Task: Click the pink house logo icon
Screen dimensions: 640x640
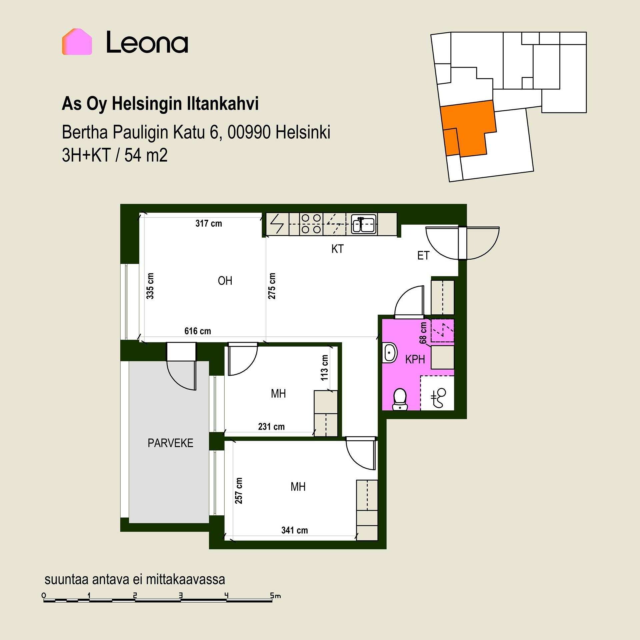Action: (x=77, y=42)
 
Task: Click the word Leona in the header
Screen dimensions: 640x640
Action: (x=147, y=42)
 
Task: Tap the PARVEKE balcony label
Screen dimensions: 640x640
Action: (x=170, y=443)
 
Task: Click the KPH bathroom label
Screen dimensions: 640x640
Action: (x=415, y=359)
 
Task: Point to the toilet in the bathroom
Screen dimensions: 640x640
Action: (x=399, y=399)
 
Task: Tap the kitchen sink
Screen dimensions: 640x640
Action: (x=364, y=223)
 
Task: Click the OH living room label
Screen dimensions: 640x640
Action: (x=225, y=281)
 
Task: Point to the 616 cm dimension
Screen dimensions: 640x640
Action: (x=198, y=331)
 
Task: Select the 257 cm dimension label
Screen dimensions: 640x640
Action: (x=239, y=491)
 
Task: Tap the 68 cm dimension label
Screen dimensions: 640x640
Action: (x=423, y=333)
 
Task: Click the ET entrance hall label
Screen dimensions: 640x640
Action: (x=423, y=256)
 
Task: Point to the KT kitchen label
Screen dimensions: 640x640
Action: (x=337, y=249)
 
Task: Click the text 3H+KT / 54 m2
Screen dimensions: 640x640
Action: (x=115, y=155)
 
